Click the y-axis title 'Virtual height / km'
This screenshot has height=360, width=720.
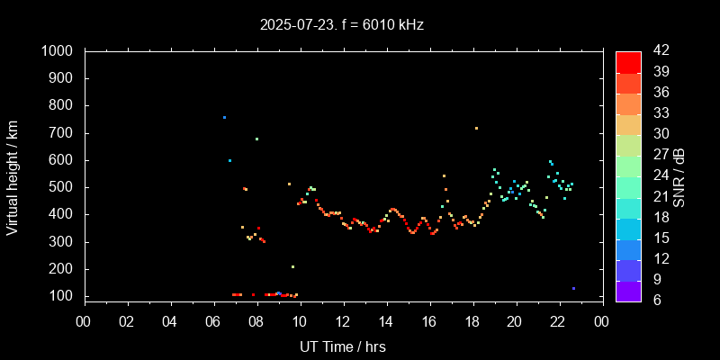(13, 174)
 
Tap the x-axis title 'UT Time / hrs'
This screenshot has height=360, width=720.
(343, 346)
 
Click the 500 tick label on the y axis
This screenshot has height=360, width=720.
(62, 187)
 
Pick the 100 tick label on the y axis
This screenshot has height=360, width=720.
(62, 296)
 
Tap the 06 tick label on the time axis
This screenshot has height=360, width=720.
(213, 321)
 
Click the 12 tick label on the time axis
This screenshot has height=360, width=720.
(343, 321)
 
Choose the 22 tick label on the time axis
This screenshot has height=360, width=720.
(558, 321)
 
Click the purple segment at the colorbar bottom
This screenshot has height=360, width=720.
(628, 290)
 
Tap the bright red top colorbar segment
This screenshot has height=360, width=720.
(628, 60)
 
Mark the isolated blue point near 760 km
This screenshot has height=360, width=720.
(225, 117)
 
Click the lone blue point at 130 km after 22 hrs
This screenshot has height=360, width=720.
(573, 289)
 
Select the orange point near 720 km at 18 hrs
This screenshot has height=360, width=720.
(476, 128)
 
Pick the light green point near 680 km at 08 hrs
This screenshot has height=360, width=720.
(256, 139)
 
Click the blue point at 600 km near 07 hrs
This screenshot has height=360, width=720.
(229, 160)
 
